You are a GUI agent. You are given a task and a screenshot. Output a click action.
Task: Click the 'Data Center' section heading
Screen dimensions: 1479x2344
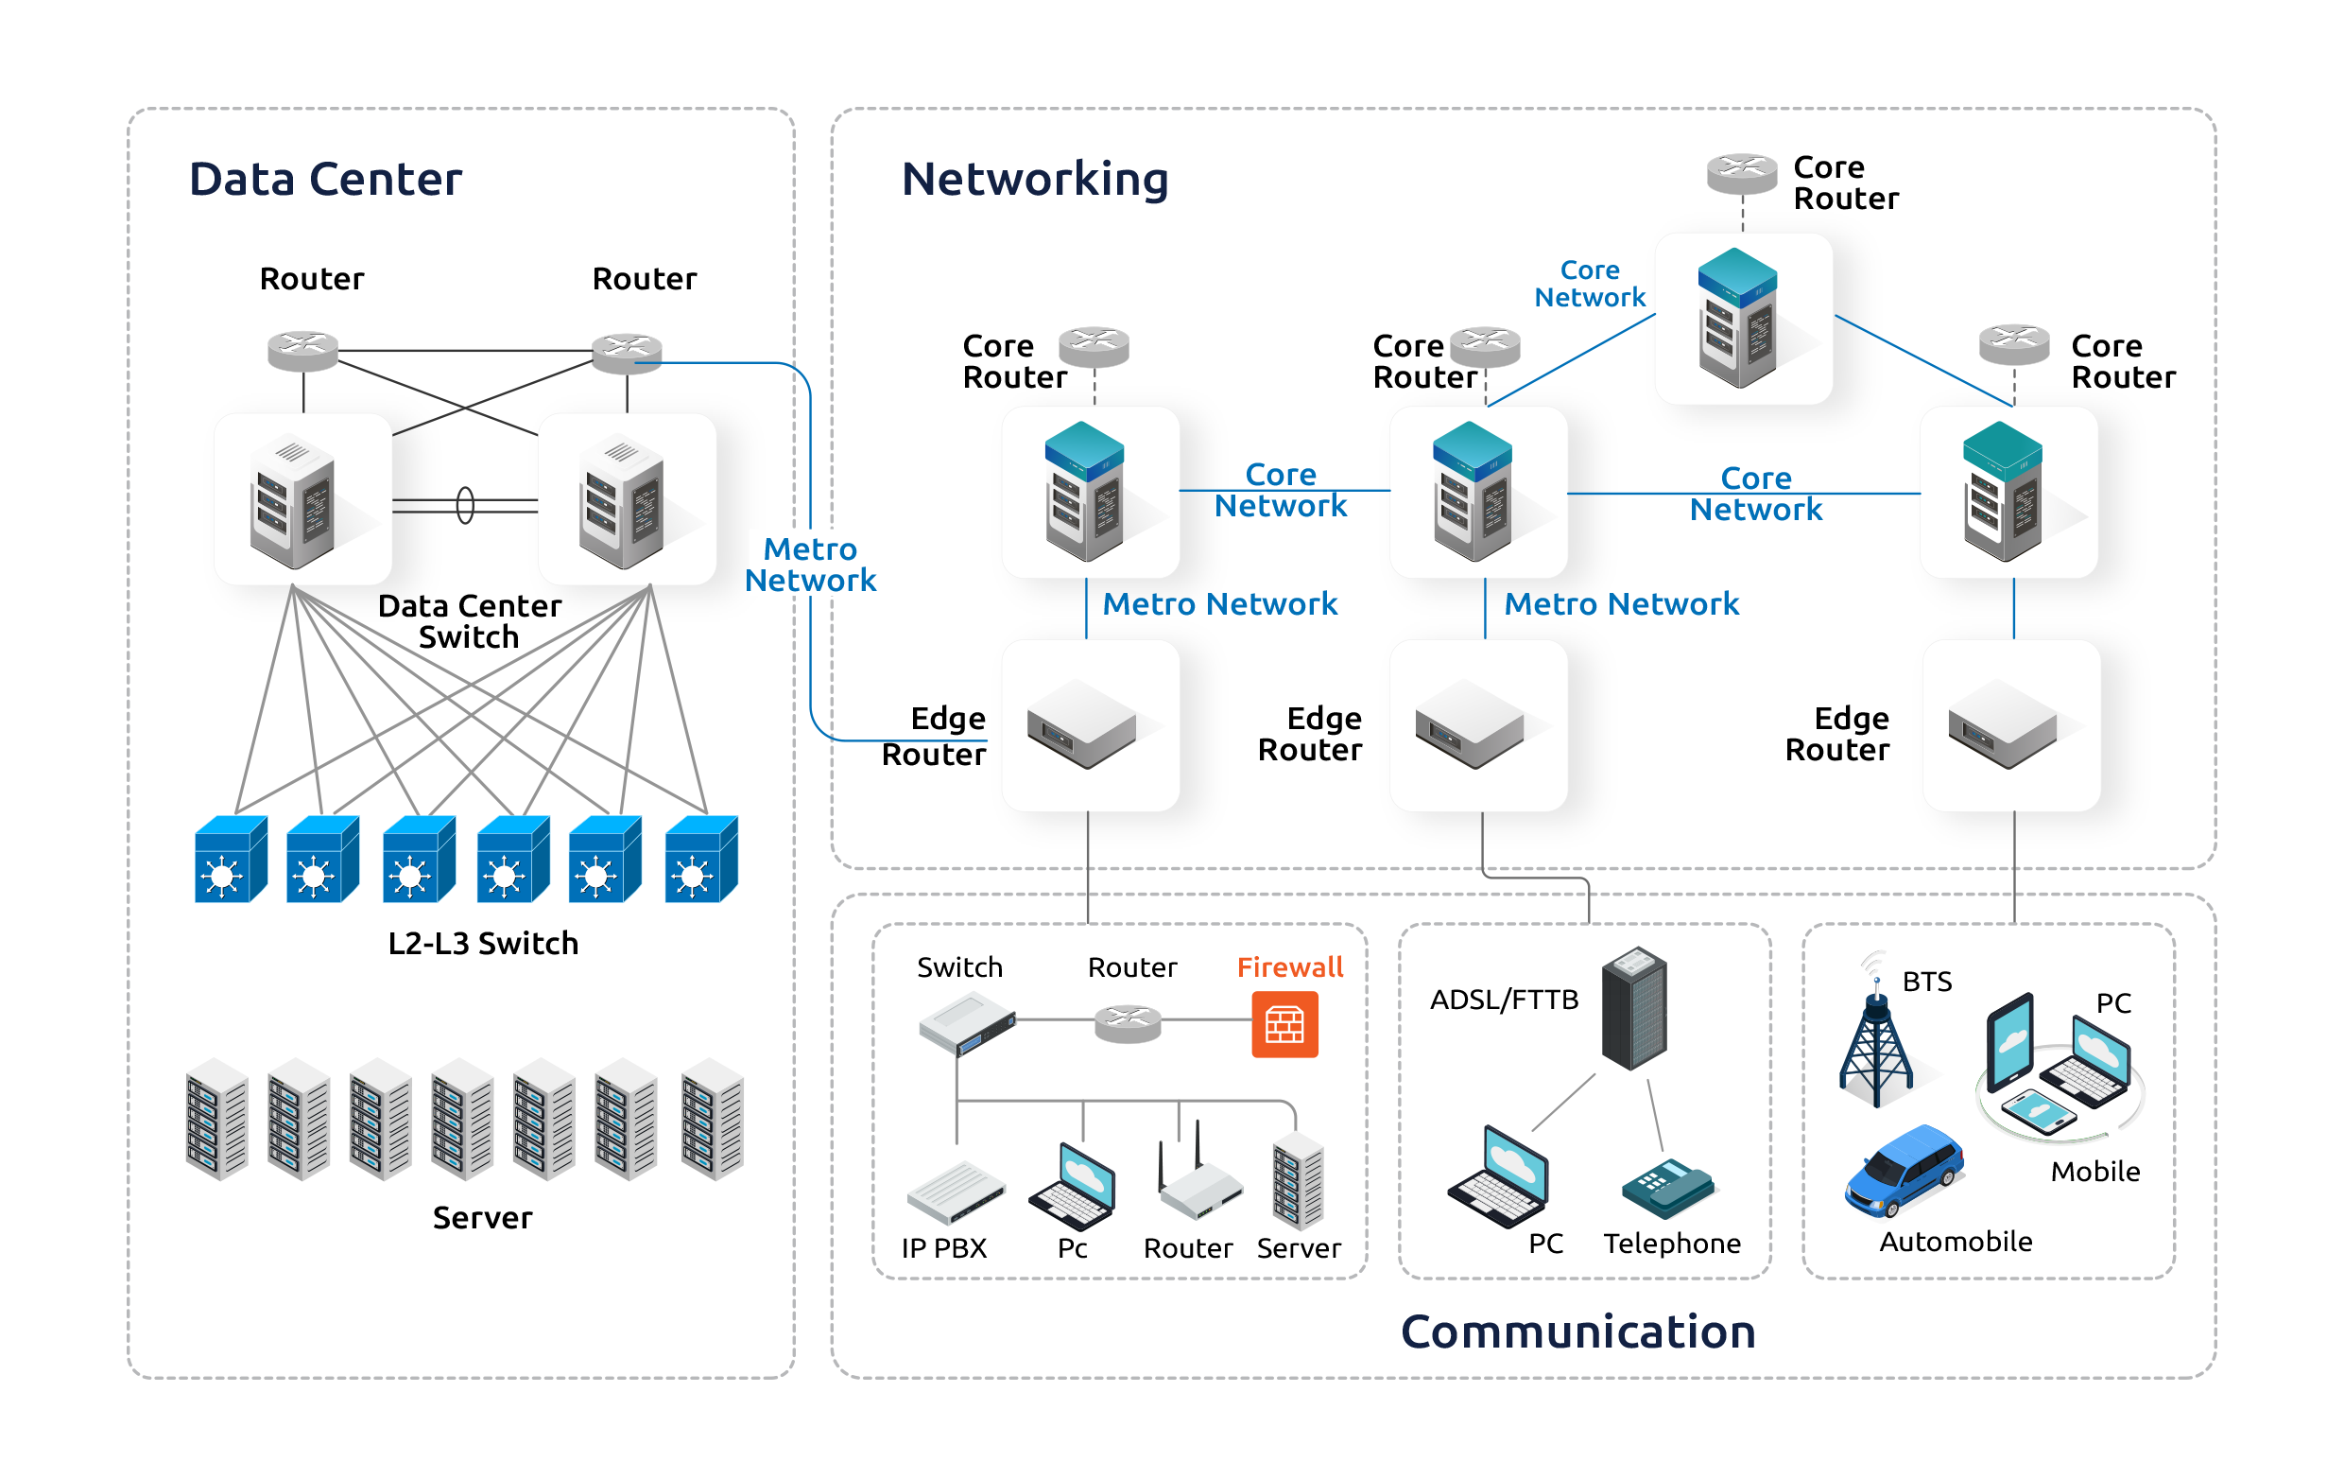pos(325,179)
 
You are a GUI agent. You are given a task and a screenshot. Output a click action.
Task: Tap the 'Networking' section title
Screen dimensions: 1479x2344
pos(1035,179)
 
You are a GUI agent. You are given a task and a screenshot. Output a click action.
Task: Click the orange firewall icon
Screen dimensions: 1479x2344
pos(1284,1024)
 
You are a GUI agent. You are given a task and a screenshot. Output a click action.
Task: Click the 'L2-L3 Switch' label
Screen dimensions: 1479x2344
pos(483,944)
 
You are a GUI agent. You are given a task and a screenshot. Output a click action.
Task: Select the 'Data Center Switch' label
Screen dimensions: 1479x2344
pos(469,621)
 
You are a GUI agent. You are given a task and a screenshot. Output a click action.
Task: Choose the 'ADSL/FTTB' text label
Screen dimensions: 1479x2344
pos(1503,1000)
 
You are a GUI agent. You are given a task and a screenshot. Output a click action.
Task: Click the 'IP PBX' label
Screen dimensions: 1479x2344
pos(943,1248)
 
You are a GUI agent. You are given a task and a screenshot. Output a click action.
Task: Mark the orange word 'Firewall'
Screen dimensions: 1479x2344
pos(1290,966)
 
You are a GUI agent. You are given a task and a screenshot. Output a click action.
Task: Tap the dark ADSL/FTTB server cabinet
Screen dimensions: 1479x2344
pos(1634,1009)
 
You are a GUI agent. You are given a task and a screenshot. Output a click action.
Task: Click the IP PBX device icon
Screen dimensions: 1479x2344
pos(955,1192)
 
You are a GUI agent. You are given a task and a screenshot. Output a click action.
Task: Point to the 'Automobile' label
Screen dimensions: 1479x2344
pos(1955,1242)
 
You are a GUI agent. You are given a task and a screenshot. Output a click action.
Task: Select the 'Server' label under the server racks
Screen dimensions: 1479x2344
pos(482,1218)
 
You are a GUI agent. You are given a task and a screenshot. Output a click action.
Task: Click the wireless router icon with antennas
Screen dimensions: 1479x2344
pos(1199,1183)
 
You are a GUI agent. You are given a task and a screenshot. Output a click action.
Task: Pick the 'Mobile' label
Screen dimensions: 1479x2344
pos(2094,1172)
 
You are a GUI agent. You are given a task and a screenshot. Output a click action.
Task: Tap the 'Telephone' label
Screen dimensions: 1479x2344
pos(1671,1244)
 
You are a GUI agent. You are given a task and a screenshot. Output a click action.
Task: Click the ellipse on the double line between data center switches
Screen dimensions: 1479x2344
pos(465,505)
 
